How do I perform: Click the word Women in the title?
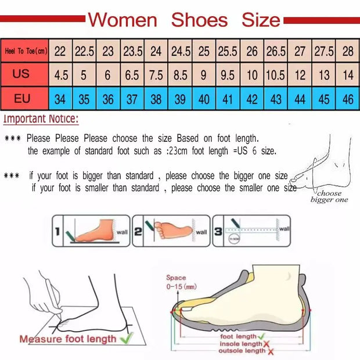tap(123, 20)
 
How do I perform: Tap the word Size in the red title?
tap(261, 20)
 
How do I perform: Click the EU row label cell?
tap(22, 99)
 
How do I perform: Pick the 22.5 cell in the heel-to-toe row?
tap(84, 51)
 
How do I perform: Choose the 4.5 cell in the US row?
tap(60, 75)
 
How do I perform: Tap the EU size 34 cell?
tap(60, 99)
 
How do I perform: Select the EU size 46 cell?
tap(348, 99)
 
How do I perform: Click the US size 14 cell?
tap(348, 75)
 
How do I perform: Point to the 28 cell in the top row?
tap(348, 51)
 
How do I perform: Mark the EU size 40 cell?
tap(204, 99)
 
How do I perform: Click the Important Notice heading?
tap(41, 120)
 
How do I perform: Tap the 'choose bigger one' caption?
tap(329, 196)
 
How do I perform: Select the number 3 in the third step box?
tap(218, 231)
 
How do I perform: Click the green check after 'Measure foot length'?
tap(126, 337)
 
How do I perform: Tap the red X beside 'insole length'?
tap(267, 344)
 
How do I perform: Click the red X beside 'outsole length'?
tap(269, 351)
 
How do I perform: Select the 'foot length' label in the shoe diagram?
tap(237, 336)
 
